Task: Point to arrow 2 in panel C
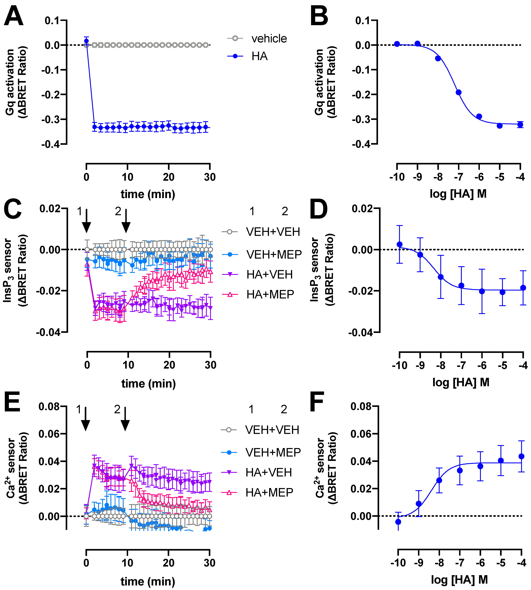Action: click(x=126, y=221)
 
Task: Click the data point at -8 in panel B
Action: click(x=438, y=58)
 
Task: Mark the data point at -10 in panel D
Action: click(x=399, y=244)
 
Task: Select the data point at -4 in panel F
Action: click(x=521, y=456)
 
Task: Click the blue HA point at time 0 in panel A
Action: click(x=86, y=41)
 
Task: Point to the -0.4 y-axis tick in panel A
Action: click(x=51, y=144)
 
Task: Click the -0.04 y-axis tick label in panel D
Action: click(x=361, y=333)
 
